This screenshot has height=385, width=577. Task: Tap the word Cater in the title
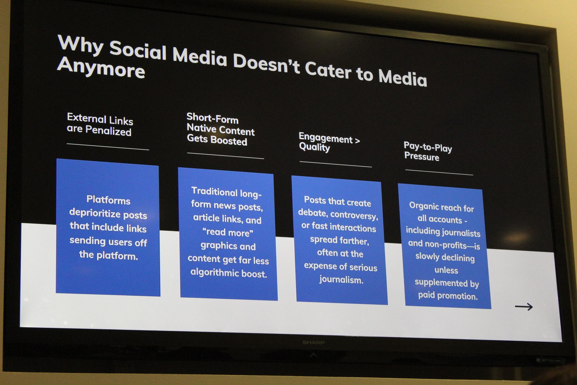tap(328, 70)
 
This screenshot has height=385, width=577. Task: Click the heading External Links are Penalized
tap(100, 125)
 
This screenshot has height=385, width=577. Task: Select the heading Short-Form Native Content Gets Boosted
tap(220, 129)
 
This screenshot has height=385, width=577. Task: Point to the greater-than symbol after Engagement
tap(357, 140)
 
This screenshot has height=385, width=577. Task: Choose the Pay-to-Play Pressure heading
tap(428, 152)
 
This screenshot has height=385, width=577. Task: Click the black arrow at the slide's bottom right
tap(524, 307)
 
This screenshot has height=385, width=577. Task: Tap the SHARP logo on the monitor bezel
tap(313, 342)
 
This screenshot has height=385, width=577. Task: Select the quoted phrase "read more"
tap(228, 233)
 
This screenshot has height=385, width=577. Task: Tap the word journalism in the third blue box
tap(341, 279)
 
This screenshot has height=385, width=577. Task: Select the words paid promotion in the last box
tap(448, 295)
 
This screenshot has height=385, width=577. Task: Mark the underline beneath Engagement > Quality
tap(336, 164)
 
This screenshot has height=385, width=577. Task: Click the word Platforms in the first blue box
tap(108, 200)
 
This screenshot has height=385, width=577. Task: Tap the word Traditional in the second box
tap(214, 191)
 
